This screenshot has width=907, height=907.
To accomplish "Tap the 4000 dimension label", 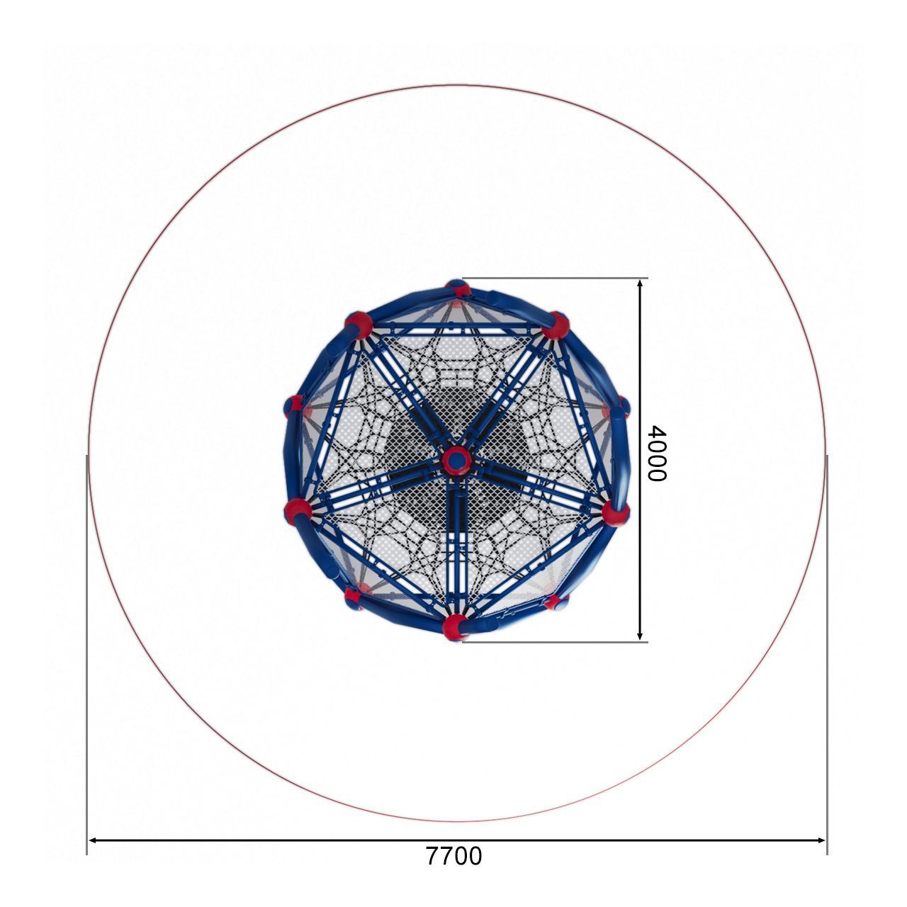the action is (x=657, y=453).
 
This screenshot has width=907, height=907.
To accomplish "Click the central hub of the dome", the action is (x=456, y=461).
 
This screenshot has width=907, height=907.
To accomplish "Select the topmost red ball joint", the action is (x=458, y=287).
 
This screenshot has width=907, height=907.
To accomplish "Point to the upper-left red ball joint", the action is (x=358, y=325).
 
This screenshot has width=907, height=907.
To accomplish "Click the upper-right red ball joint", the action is (x=556, y=325).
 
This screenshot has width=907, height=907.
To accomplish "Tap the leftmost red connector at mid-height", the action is (x=294, y=406).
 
